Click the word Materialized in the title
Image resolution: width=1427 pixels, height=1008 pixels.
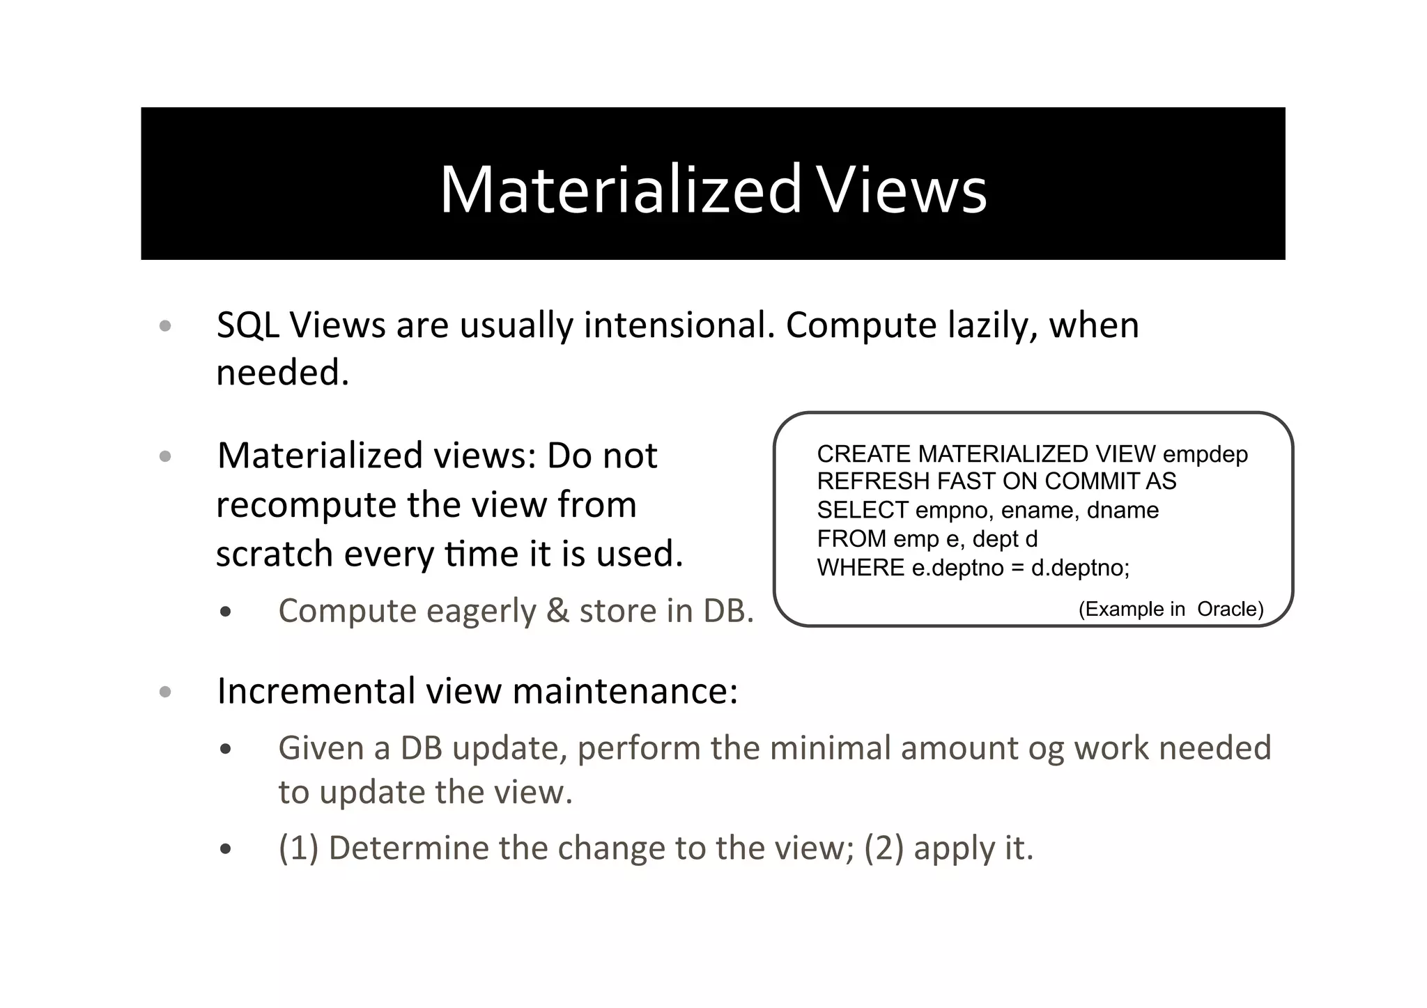pyautogui.click(x=620, y=189)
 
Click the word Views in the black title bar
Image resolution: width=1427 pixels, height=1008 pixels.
pyautogui.click(x=902, y=189)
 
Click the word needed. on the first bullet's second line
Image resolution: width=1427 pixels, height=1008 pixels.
pyautogui.click(x=282, y=373)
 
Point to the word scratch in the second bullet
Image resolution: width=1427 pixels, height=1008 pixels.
pyautogui.click(x=275, y=554)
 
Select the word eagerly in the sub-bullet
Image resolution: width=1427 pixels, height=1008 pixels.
pyautogui.click(x=481, y=612)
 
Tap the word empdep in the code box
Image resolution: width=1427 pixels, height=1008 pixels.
pyautogui.click(x=1205, y=454)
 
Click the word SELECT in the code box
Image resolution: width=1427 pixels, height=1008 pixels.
pyautogui.click(x=863, y=511)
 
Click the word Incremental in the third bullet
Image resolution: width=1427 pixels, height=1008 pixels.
pyautogui.click(x=316, y=692)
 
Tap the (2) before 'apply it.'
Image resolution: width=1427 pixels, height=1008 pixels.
pyautogui.click(x=884, y=848)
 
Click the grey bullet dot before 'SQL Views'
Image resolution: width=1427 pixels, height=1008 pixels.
pyautogui.click(x=165, y=326)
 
